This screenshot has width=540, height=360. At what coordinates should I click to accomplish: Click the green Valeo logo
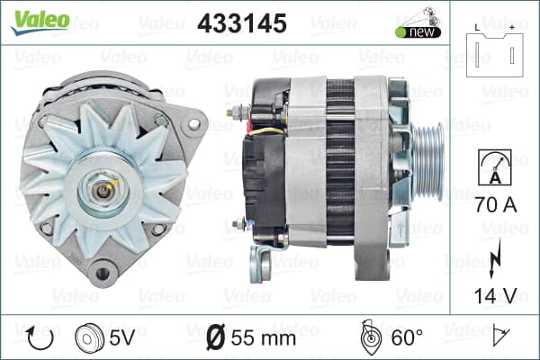[x=40, y=22]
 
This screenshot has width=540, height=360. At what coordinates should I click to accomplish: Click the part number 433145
[x=242, y=23]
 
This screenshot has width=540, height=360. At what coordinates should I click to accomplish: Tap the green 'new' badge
[x=418, y=32]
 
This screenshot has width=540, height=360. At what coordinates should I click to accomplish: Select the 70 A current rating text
[x=496, y=204]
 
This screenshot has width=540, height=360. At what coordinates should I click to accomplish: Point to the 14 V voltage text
[x=496, y=295]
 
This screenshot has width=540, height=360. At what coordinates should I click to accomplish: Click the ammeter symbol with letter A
[x=495, y=167]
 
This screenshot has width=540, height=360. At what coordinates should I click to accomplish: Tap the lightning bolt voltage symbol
[x=495, y=258]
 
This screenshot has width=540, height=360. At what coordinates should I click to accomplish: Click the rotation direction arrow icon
[x=40, y=338]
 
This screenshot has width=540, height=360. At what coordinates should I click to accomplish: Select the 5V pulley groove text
[x=121, y=337]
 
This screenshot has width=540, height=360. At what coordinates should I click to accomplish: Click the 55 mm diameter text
[x=264, y=338]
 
